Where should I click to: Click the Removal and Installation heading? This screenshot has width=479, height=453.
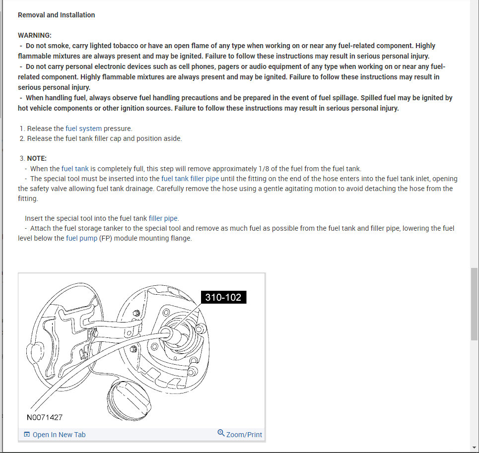coord(56,15)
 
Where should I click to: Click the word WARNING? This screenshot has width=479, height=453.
coord(34,35)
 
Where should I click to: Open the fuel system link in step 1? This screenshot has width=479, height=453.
coord(83,129)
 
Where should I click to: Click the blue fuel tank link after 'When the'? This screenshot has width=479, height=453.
coord(75,169)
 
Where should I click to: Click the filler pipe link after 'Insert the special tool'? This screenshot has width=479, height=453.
coord(163,218)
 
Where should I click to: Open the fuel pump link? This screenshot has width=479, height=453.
coord(81,238)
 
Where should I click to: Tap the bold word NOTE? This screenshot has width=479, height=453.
coord(36,158)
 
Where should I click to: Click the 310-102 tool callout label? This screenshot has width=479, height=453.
coord(223,297)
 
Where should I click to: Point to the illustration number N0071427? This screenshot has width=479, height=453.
coord(45,417)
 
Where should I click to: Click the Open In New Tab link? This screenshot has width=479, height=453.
coord(59,435)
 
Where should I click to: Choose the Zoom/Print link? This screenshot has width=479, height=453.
coord(244,435)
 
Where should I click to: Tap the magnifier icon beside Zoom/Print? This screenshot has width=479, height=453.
coord(221,433)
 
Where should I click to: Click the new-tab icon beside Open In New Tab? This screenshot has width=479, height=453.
coord(27,435)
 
